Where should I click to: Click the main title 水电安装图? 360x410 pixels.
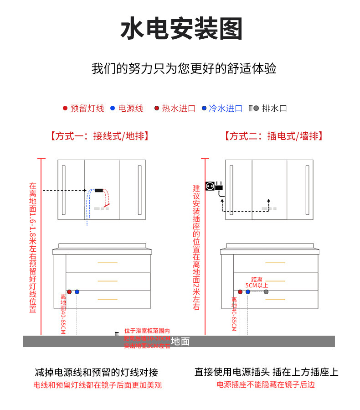click(x=181, y=29)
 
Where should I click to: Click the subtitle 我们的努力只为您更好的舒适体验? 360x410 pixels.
click(x=184, y=69)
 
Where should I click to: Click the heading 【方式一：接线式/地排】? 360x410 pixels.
click(x=100, y=136)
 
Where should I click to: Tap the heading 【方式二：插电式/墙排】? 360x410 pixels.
click(x=273, y=136)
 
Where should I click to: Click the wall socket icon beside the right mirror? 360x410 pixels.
click(x=210, y=186)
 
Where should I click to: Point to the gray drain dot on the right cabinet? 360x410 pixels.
click(x=266, y=291)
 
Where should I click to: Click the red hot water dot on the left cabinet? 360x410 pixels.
click(x=69, y=291)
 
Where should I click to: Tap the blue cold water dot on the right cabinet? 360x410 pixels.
click(x=248, y=291)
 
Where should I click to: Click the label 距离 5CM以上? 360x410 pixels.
click(x=257, y=282)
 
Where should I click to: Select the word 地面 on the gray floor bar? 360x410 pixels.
click(x=180, y=341)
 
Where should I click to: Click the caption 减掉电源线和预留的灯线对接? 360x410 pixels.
click(x=97, y=372)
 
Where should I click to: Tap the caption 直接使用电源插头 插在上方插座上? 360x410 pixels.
click(x=267, y=372)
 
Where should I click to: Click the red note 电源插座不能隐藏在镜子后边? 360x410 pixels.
click(x=266, y=385)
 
